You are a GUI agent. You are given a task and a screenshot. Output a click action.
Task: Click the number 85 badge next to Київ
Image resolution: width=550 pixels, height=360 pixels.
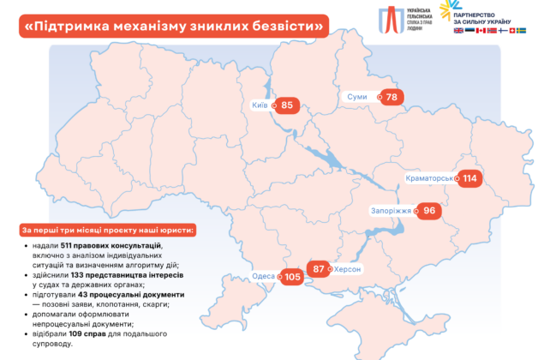click(x=288, y=105)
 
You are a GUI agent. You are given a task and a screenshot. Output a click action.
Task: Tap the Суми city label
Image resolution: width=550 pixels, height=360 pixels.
click(x=357, y=97)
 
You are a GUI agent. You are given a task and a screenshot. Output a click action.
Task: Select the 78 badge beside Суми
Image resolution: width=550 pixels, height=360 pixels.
click(x=392, y=97)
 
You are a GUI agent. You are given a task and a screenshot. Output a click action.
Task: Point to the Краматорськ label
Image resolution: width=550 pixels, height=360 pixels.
click(x=429, y=178)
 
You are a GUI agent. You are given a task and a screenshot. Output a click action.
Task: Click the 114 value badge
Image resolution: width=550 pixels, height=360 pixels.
click(x=469, y=178)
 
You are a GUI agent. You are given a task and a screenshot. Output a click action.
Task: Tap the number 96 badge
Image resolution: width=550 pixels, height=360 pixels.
click(x=428, y=210)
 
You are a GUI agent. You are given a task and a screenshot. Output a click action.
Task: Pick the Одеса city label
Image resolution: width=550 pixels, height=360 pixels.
click(x=264, y=277)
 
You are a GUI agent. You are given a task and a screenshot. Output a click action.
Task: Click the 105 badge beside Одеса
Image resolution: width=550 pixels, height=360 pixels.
click(x=294, y=277)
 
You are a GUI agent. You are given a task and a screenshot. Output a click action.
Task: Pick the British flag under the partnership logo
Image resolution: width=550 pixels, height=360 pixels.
click(x=457, y=30)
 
